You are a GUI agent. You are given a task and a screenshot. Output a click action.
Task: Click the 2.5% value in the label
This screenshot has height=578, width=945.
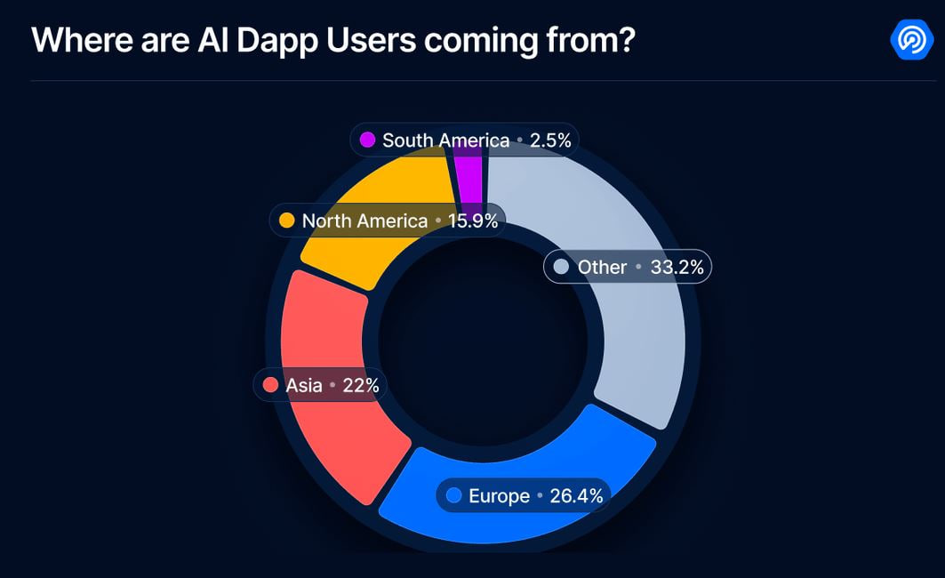(x=551, y=140)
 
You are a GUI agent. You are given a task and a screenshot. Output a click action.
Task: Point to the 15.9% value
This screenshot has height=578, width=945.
(x=473, y=221)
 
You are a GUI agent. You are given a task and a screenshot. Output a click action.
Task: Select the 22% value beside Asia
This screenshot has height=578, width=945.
(x=361, y=385)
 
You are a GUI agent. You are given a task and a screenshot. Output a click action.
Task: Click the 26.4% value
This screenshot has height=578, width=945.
(x=576, y=496)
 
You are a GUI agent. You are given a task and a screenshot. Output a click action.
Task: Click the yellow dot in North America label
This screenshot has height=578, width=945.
(x=287, y=221)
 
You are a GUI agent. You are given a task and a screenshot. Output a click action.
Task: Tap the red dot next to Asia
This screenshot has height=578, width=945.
(x=270, y=385)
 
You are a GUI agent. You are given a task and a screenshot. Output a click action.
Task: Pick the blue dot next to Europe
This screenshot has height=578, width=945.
(x=454, y=496)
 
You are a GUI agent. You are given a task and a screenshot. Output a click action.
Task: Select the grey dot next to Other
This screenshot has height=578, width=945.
(x=561, y=267)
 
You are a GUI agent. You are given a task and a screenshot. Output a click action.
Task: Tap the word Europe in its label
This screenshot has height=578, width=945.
(x=499, y=496)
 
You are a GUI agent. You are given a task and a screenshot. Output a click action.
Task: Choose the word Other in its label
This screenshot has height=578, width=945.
(x=602, y=267)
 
